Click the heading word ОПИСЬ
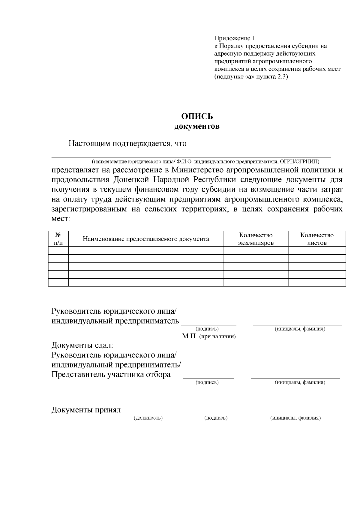point(197,116)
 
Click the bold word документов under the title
point(197,126)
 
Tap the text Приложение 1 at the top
point(234,38)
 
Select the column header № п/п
point(58,239)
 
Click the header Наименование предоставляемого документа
point(146,239)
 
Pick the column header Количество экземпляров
point(256,239)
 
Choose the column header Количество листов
point(317,239)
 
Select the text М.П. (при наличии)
point(209,336)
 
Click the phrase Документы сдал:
point(82,345)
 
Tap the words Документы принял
point(86,410)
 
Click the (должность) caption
point(148,418)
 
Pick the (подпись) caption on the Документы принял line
point(216,418)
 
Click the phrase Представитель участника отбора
point(111,375)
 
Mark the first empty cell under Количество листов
point(317,250)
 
